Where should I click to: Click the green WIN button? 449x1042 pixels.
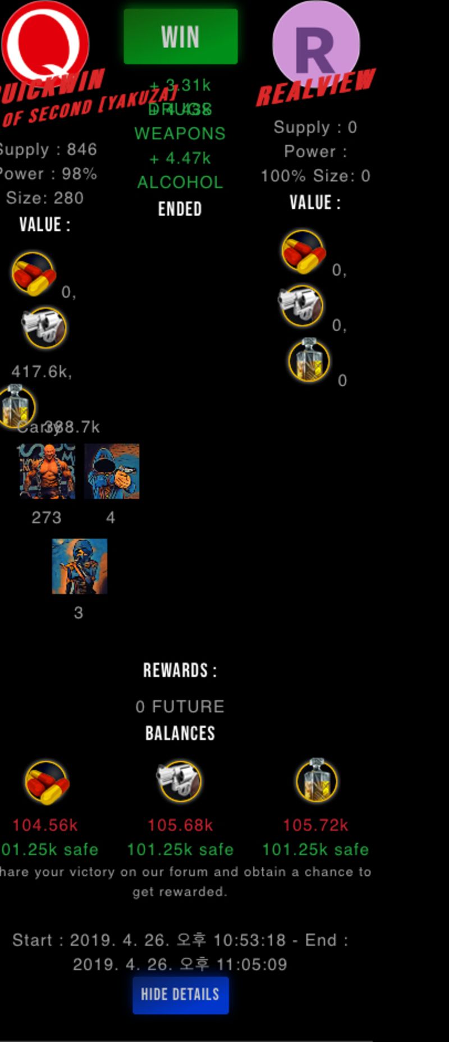pyautogui.click(x=180, y=36)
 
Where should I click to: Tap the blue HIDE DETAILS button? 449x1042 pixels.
pyautogui.click(x=180, y=995)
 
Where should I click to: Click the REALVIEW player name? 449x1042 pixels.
pyautogui.click(x=315, y=87)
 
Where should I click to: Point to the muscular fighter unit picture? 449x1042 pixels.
pyautogui.click(x=47, y=472)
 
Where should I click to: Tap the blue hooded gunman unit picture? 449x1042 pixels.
pyautogui.click(x=112, y=472)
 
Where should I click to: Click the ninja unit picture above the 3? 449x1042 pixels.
pyautogui.click(x=80, y=566)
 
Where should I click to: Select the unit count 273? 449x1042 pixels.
pyautogui.click(x=47, y=518)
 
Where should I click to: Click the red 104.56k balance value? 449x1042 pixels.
pyautogui.click(x=45, y=825)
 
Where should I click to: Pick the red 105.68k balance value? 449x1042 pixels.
pyautogui.click(x=180, y=825)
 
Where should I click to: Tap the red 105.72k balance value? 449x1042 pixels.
pyautogui.click(x=315, y=825)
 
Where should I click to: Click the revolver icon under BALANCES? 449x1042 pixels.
pyautogui.click(x=179, y=780)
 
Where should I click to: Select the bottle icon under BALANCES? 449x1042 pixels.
pyautogui.click(x=316, y=780)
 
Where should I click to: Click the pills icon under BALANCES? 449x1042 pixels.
pyautogui.click(x=47, y=781)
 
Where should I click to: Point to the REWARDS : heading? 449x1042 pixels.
pyautogui.click(x=180, y=670)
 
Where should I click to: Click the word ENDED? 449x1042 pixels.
pyautogui.click(x=180, y=209)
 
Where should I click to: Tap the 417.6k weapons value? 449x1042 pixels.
pyautogui.click(x=42, y=372)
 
